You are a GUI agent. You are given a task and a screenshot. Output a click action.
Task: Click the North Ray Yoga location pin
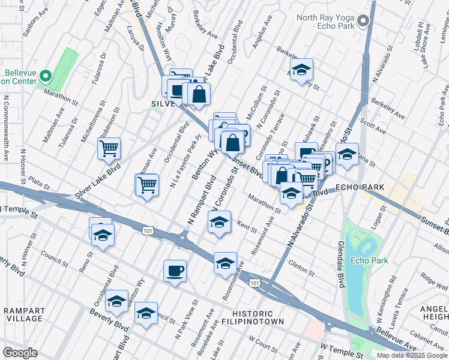[362, 22]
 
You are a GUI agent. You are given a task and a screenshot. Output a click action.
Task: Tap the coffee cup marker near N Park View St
[175, 271]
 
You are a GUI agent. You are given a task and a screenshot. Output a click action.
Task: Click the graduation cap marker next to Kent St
[220, 221]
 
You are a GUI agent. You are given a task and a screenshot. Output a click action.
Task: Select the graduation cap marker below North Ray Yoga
[302, 68]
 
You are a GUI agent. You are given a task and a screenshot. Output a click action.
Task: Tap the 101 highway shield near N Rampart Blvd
[147, 229]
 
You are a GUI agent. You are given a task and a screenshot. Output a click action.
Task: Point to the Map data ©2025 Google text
[411, 355]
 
